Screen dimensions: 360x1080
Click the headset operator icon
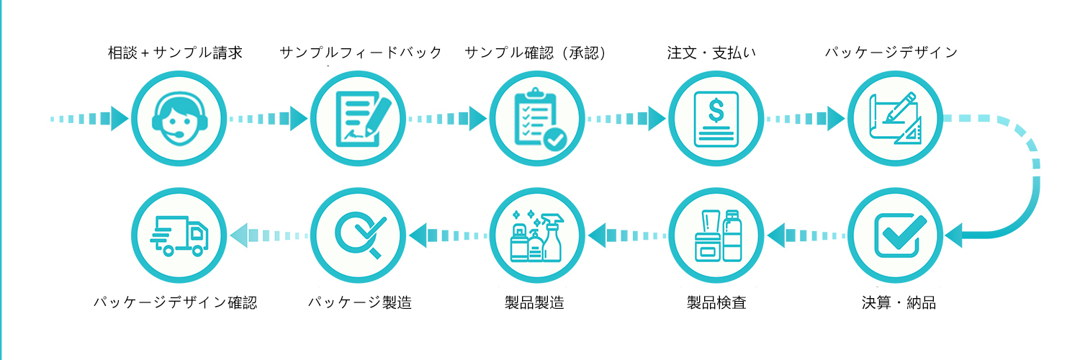pyautogui.click(x=178, y=117)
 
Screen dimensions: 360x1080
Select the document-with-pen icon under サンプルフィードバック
pyautogui.click(x=357, y=117)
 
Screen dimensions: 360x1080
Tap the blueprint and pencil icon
pyautogui.click(x=895, y=117)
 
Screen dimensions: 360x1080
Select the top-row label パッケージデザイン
pyautogui.click(x=891, y=53)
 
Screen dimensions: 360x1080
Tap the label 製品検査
pyautogui.click(x=717, y=302)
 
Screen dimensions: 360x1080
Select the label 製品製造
pyautogui.click(x=535, y=302)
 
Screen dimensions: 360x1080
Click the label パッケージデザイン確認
pyautogui.click(x=175, y=302)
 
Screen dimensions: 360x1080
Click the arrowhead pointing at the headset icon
pyautogui.click(x=120, y=117)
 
